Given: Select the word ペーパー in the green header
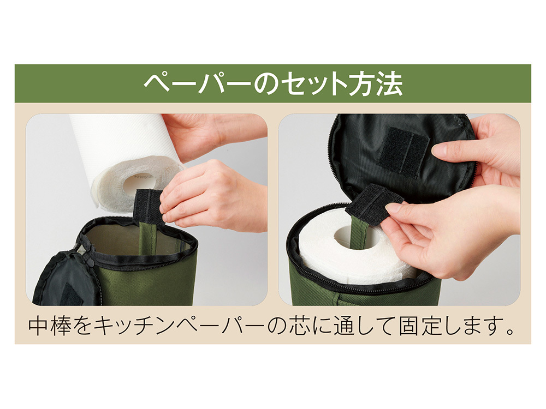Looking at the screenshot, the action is point(198,84).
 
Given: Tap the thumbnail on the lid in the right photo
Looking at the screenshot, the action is point(440,151).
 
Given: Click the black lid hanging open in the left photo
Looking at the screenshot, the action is point(66,278).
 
